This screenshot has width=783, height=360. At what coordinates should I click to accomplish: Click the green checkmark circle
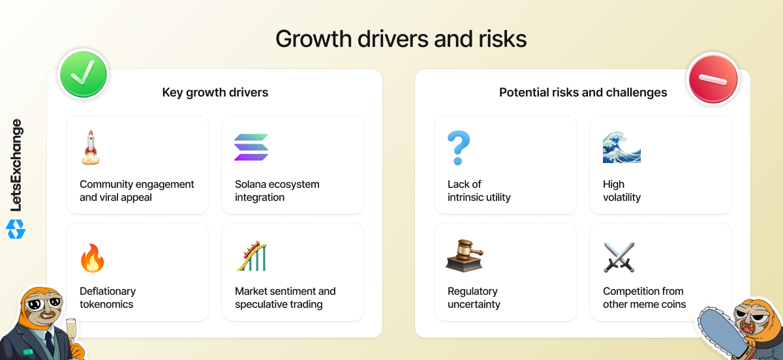click(x=84, y=74)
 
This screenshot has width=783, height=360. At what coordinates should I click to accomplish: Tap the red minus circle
click(x=713, y=79)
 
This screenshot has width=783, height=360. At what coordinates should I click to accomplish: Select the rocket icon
click(x=91, y=147)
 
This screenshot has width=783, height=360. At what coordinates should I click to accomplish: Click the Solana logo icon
click(x=251, y=147)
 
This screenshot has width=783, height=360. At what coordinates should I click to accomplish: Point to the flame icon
click(x=93, y=258)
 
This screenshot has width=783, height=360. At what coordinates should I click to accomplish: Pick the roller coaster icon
click(x=251, y=256)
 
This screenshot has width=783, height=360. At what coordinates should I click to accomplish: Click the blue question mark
click(x=459, y=147)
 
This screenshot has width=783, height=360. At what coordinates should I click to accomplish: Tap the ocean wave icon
click(x=622, y=147)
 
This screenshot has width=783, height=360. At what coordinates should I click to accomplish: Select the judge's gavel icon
click(x=465, y=256)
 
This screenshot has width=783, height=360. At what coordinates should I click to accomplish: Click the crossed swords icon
click(x=619, y=257)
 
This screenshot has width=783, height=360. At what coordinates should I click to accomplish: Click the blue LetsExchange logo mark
click(x=16, y=230)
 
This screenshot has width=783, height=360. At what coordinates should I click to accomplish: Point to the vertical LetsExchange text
click(x=16, y=165)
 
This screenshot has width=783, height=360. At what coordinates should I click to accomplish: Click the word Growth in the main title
click(x=314, y=38)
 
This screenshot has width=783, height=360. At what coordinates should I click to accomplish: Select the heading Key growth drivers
click(x=215, y=92)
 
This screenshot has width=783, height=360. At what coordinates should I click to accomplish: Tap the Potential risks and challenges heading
click(x=583, y=92)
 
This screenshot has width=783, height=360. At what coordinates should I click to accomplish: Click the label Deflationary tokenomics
click(x=108, y=297)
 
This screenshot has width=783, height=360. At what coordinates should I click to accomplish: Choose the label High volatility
click(x=622, y=190)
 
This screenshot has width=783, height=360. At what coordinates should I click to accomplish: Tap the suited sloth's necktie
click(x=50, y=344)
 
